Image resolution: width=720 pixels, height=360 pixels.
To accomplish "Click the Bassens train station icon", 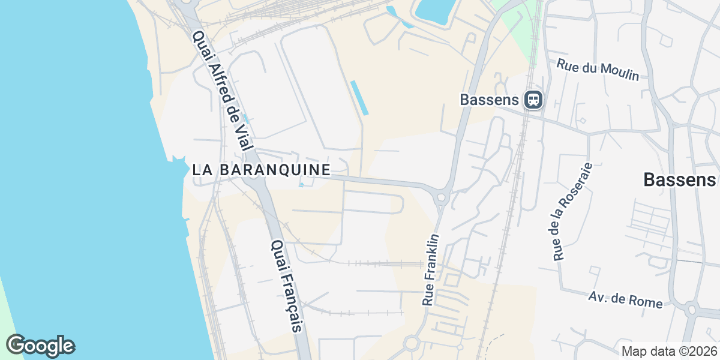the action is coord(533,99).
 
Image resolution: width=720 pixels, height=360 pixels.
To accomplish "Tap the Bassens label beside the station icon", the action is coord(489,99).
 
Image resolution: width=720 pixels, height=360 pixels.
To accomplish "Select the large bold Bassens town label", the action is coord(679,179).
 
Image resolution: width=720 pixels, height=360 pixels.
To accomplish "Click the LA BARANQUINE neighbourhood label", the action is coord(262,170).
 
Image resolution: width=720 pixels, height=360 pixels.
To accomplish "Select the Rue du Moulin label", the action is coord(598,70).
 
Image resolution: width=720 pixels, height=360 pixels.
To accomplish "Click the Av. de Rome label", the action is coord(625,299).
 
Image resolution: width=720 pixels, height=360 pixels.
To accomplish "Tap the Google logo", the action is coord(40,346).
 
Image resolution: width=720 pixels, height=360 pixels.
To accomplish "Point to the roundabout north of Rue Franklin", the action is coord(442,197).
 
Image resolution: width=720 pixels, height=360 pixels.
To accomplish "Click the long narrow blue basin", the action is coord(359,97).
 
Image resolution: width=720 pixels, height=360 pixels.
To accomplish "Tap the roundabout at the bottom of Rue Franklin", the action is coord(412,344).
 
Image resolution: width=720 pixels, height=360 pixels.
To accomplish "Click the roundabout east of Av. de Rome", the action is coord(691,310).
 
